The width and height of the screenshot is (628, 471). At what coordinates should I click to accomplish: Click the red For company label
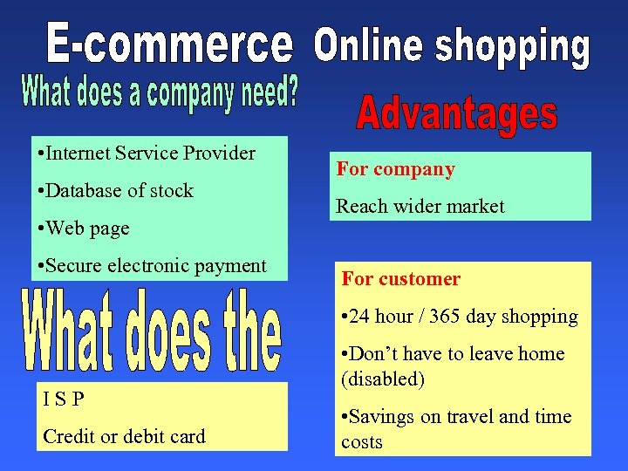point(396,169)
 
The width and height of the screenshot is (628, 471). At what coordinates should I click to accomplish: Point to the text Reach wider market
point(420,207)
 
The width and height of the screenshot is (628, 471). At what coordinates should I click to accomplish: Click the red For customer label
point(401,279)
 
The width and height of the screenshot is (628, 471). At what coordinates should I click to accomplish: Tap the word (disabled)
point(383,379)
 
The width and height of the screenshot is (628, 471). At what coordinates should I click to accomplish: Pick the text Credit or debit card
point(124,436)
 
